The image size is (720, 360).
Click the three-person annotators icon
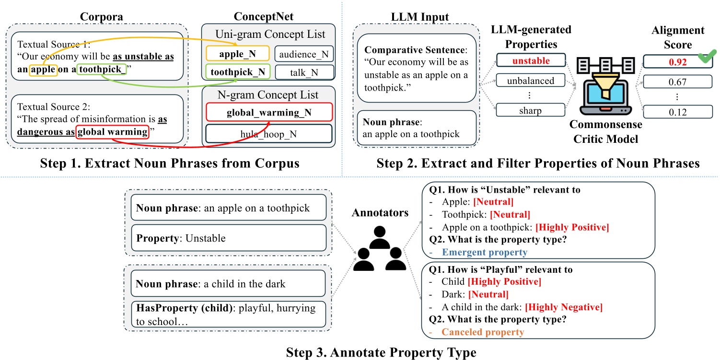pos(379,253)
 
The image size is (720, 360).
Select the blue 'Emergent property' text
pos(484,252)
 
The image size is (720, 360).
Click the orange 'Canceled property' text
pos(483,332)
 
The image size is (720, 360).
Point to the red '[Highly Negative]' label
pos(564,307)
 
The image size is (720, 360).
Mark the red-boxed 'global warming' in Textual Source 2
pos(113,131)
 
